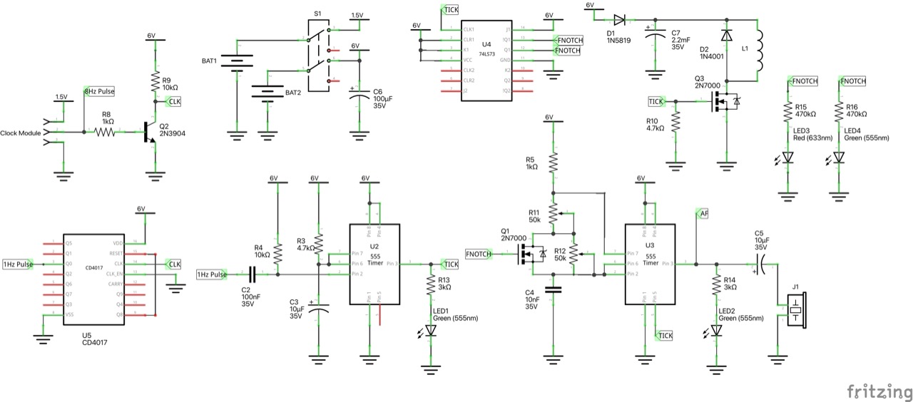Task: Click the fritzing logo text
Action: tap(879, 391)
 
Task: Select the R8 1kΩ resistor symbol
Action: tap(106, 132)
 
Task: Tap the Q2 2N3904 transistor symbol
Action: tap(149, 132)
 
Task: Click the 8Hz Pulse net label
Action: tap(99, 91)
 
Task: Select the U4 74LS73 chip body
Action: tap(486, 61)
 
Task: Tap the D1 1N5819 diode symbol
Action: tap(619, 20)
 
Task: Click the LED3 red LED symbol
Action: tap(787, 158)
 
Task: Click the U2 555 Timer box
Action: tap(374, 264)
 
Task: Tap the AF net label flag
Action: tap(703, 213)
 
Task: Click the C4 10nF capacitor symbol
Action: tap(553, 289)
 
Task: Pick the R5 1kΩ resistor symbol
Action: tap(553, 164)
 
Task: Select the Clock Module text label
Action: tap(21, 133)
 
